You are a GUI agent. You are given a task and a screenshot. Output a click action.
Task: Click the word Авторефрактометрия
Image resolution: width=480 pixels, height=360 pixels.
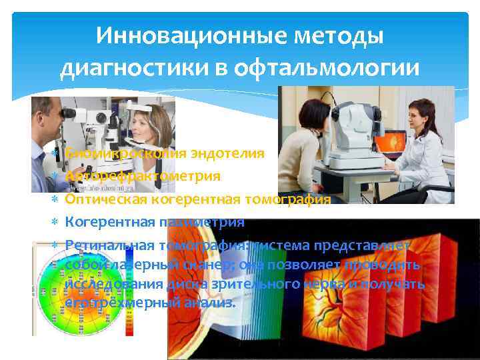point(143,176)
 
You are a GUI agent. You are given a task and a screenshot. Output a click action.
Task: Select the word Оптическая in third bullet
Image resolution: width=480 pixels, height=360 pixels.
point(103,199)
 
